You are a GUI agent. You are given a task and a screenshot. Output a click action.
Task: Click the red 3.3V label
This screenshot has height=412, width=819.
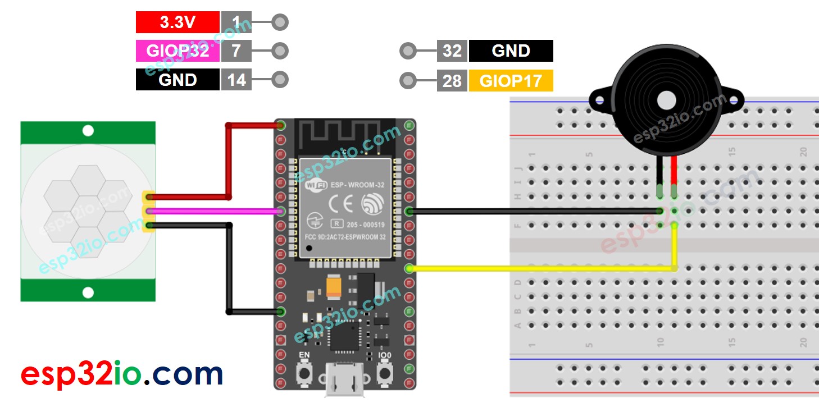click(178, 22)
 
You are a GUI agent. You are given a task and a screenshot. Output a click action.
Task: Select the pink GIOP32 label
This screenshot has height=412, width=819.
click(178, 51)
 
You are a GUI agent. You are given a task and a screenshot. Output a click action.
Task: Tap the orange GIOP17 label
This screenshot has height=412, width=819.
click(511, 81)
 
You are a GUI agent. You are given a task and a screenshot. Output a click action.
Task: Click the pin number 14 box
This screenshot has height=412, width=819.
click(236, 80)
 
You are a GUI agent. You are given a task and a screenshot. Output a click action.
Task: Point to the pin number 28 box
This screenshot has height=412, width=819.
click(452, 81)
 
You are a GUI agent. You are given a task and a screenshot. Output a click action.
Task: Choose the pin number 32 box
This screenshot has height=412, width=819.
click(452, 51)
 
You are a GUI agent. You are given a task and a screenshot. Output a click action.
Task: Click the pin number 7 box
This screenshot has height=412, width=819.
click(236, 51)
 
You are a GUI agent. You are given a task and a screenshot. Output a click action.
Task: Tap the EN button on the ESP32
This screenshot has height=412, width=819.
click(304, 373)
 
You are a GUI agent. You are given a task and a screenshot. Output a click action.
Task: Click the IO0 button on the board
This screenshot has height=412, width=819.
click(385, 373)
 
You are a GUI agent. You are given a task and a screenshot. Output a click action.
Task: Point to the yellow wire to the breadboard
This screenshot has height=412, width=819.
click(539, 268)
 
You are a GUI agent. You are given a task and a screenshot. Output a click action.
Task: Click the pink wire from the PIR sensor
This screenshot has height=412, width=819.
click(213, 212)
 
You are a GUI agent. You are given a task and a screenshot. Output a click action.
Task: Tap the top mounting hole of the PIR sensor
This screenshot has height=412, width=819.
click(88, 131)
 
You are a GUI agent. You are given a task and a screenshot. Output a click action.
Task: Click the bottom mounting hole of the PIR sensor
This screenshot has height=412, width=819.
click(88, 292)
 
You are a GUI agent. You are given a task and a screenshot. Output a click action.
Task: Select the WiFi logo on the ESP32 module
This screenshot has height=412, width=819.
click(315, 185)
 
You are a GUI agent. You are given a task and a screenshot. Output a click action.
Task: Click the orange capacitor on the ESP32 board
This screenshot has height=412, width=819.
click(333, 288)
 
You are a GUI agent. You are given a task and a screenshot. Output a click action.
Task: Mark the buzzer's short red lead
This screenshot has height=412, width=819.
click(674, 174)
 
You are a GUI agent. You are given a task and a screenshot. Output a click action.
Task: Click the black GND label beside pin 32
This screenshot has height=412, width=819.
click(511, 51)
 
